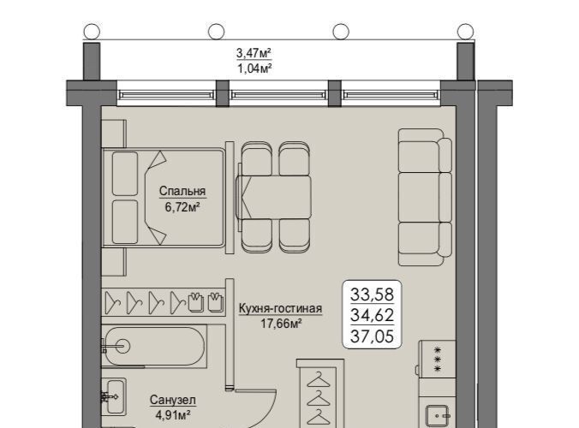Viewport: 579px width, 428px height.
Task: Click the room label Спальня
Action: point(182,191)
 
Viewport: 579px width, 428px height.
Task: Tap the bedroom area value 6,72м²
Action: point(182,206)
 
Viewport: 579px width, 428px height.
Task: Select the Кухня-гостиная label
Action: point(280,308)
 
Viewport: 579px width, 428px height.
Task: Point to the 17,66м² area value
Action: point(281,324)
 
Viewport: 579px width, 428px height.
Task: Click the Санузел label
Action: point(173,400)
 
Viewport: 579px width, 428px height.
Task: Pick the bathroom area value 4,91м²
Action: point(173,415)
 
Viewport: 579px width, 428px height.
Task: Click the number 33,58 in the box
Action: point(372,294)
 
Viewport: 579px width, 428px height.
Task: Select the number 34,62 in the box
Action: point(372,315)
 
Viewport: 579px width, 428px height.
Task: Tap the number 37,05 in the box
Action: point(372,336)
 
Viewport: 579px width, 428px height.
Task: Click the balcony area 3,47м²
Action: point(254,53)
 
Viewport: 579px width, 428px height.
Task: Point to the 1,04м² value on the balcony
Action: point(254,68)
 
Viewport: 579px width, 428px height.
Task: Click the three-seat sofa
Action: point(425,197)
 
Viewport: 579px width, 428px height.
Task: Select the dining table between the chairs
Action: point(273,197)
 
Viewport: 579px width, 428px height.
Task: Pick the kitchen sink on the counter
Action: point(438,416)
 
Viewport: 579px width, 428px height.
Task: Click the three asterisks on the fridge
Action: point(438,359)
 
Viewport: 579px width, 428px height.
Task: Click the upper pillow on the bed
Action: point(125,174)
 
